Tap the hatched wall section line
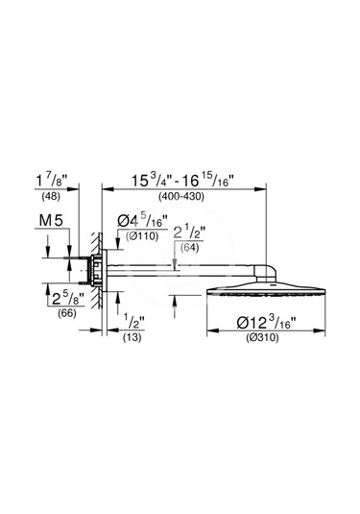[x=92, y=288]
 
